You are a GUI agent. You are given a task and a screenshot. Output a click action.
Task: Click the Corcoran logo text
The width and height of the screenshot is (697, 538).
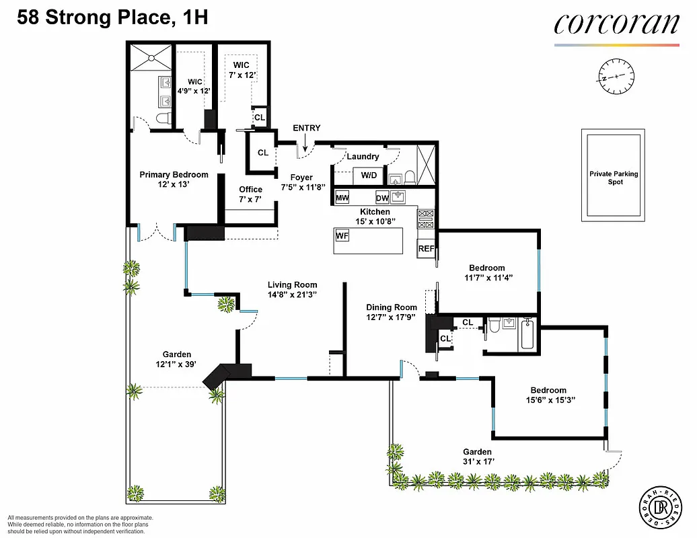click(616, 24)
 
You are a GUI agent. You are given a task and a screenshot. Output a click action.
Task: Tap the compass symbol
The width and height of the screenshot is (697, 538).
click(616, 76)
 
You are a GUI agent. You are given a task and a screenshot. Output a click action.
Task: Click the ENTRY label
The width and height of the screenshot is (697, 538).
click(306, 128)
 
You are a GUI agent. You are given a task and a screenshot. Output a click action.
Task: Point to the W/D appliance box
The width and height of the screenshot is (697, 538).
click(369, 176)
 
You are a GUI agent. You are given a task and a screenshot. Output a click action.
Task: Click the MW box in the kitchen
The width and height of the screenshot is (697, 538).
click(342, 198)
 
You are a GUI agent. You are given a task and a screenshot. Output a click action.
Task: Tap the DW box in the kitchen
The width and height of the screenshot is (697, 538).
click(382, 198)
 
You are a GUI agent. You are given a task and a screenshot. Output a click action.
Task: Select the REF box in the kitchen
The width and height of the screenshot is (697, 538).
click(426, 248)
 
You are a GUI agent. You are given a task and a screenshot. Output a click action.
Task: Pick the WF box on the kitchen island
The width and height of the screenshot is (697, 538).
click(342, 236)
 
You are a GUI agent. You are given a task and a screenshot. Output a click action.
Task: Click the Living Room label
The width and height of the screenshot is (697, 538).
click(292, 284)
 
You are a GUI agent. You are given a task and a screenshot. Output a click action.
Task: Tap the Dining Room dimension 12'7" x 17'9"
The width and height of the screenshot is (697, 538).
click(391, 317)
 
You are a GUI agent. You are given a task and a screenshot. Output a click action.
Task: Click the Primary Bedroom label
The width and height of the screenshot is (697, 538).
click(174, 175)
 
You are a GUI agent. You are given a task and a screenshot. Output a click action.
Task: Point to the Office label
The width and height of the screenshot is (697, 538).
click(250, 190)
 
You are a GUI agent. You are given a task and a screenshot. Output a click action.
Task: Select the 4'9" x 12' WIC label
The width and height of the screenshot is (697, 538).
click(194, 86)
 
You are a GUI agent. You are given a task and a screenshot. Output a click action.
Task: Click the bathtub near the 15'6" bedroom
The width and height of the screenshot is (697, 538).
click(527, 335)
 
